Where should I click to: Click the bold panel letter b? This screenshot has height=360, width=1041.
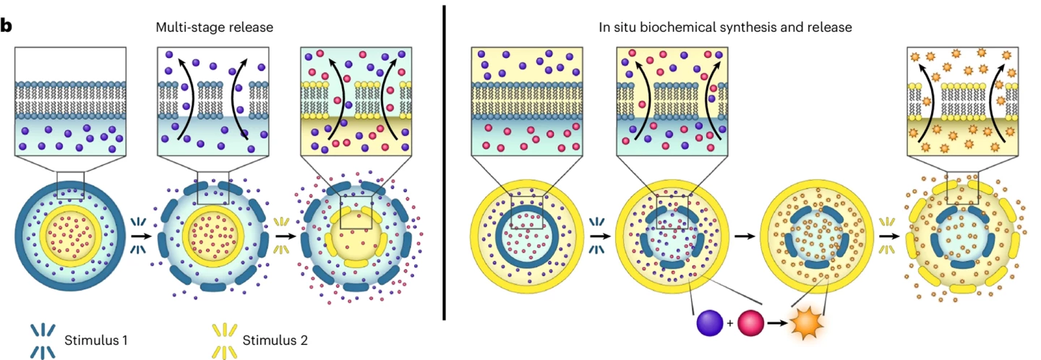pos(7,27)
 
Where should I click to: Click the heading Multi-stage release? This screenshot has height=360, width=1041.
pos(215,27)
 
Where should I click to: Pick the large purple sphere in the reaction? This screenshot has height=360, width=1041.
pos(709,323)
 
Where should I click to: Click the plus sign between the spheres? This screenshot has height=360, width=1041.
pos(730,323)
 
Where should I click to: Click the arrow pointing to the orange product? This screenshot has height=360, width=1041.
pos(777,323)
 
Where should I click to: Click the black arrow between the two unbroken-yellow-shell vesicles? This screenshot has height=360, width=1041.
pos(740,235)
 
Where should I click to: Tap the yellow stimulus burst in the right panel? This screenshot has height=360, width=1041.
pos(887,235)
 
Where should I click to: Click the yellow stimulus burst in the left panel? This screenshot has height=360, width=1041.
pos(282,235)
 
